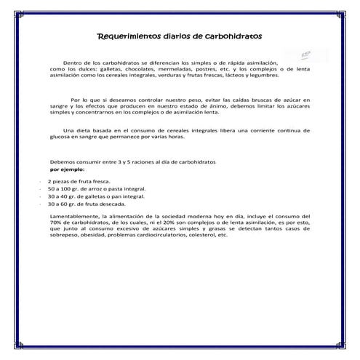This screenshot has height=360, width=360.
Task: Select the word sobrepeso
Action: [63, 236]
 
